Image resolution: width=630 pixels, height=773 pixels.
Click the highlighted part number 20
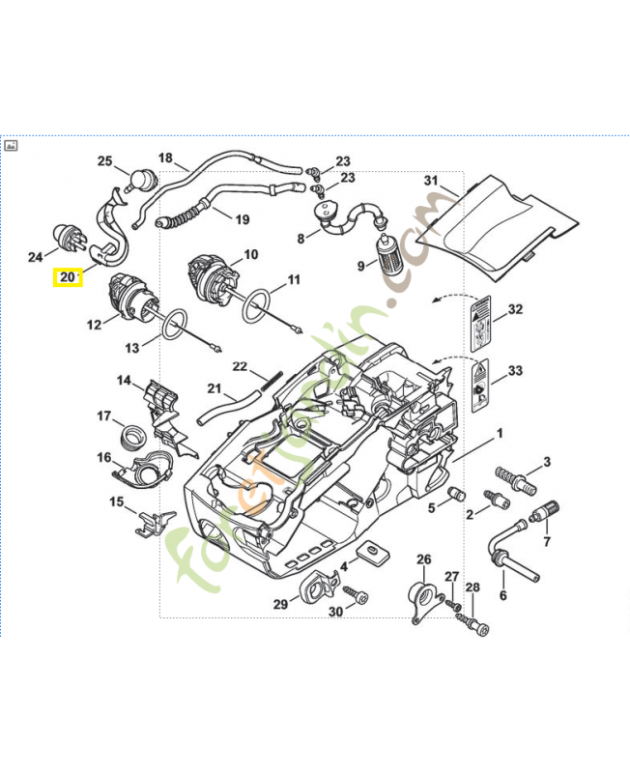click(x=68, y=277)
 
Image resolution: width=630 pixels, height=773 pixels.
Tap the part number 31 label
click(x=431, y=181)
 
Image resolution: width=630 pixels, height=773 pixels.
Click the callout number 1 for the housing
click(x=500, y=433)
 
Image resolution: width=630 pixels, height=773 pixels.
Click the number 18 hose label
click(x=165, y=158)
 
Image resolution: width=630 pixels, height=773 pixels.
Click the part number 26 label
click(x=423, y=559)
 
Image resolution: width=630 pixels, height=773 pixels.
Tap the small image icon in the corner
click(x=12, y=146)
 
